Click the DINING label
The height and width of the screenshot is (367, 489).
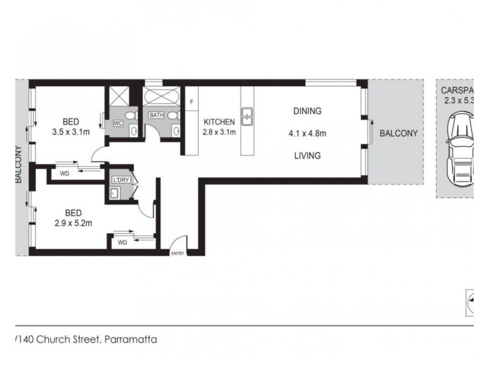[307, 111]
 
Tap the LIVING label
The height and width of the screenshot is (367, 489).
[307, 155]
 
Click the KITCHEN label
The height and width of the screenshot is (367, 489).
[219, 122]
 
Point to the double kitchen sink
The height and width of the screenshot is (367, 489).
[247, 116]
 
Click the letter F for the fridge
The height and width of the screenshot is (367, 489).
[191, 101]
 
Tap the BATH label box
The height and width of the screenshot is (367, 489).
[156, 114]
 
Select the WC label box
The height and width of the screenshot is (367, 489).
[119, 122]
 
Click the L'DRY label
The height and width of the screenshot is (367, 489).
[120, 180]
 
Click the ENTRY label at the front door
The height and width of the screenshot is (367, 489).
[177, 253]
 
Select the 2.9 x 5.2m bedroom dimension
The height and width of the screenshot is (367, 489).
[74, 223]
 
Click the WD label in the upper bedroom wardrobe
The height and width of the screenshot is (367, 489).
[64, 174]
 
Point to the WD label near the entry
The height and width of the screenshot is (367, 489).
[122, 242]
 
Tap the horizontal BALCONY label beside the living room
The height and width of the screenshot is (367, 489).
[398, 133]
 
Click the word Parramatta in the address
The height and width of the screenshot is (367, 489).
[131, 339]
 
